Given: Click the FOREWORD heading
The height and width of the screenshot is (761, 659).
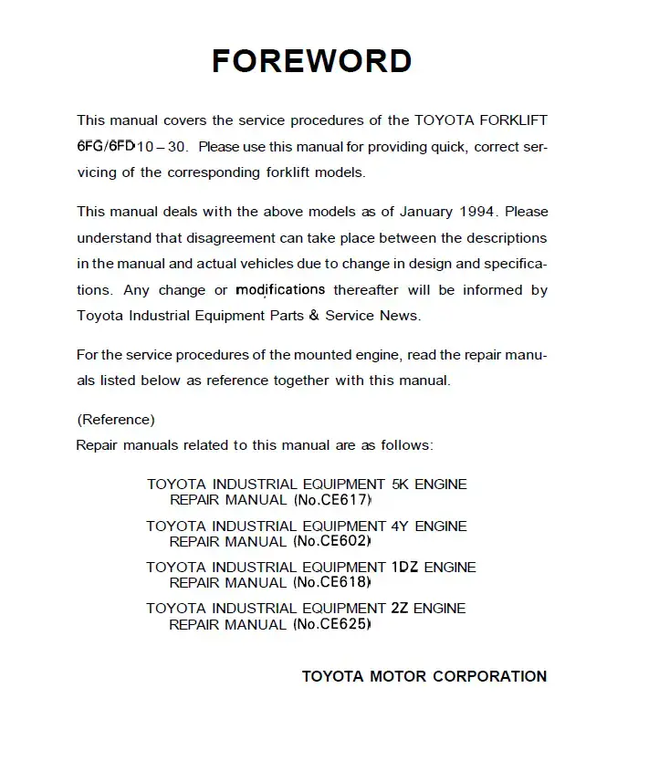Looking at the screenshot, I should click(x=311, y=61).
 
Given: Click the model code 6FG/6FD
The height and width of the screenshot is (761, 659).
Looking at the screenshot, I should click(x=107, y=146).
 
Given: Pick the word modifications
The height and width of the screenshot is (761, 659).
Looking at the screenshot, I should click(x=280, y=290).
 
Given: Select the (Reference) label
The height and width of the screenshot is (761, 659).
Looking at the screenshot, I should click(x=116, y=420).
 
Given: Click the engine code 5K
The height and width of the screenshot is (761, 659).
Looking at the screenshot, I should click(x=400, y=485).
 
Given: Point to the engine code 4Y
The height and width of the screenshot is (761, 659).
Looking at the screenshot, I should click(x=400, y=526).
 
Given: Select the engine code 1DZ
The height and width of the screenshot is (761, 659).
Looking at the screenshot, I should click(x=404, y=567).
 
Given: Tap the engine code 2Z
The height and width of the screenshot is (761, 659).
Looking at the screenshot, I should click(x=400, y=608).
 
